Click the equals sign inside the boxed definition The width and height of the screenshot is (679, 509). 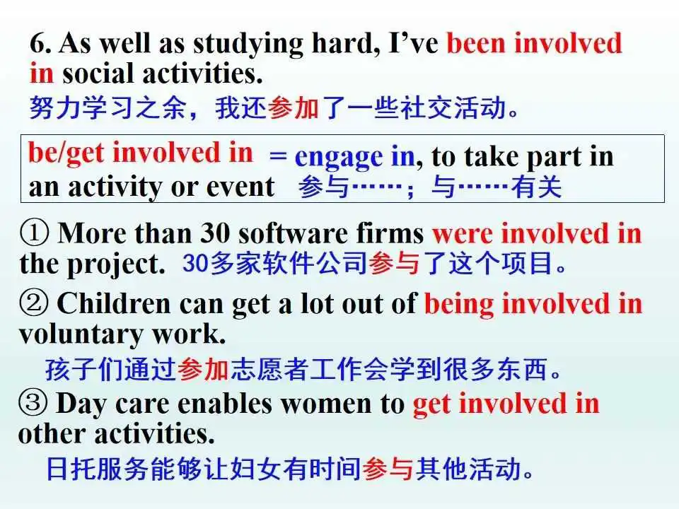click(x=277, y=155)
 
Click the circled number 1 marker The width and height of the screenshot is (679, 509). click(x=34, y=233)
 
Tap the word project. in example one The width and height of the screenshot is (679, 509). click(x=115, y=264)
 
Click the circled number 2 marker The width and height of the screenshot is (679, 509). click(x=34, y=303)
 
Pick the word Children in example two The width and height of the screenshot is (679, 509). click(x=113, y=303)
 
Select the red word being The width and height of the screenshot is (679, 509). click(x=458, y=304)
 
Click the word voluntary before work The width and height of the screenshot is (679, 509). click(x=81, y=335)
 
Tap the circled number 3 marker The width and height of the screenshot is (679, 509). click(x=33, y=403)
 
